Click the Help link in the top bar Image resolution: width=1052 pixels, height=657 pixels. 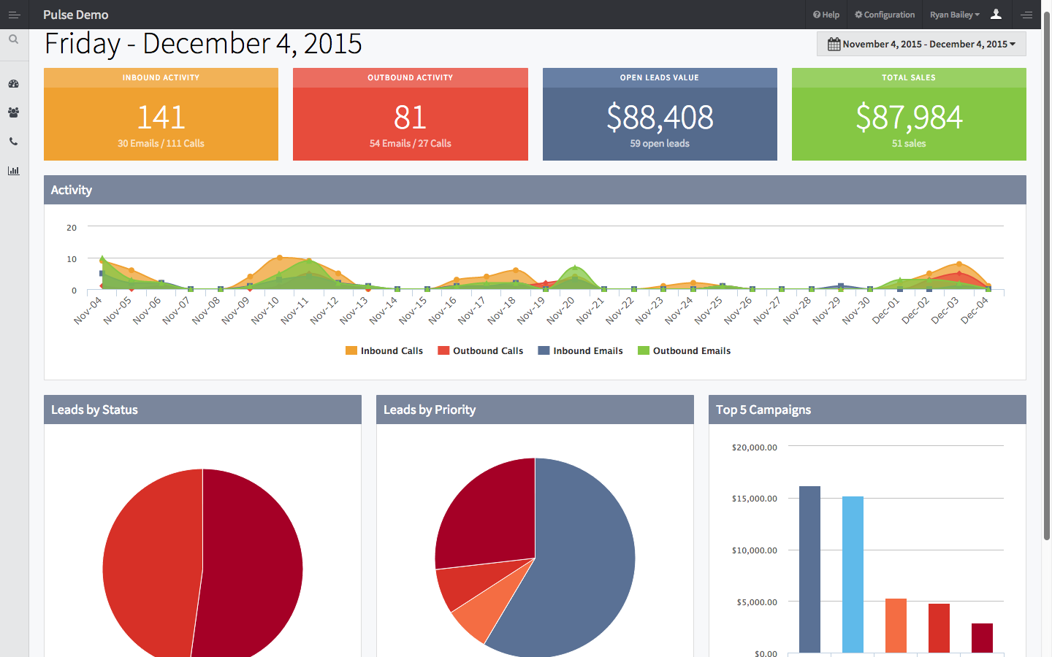point(826,15)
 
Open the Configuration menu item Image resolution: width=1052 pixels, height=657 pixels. point(885,15)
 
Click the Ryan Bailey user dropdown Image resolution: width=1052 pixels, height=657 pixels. point(954,15)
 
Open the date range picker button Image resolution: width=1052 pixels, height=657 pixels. point(921,44)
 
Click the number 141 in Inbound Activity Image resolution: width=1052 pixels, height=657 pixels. point(161,118)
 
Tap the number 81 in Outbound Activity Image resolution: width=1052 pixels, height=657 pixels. point(410,118)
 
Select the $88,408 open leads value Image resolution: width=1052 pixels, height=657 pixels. point(660,118)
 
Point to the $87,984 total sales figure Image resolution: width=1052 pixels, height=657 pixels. point(909,118)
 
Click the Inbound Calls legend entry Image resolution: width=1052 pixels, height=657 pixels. point(384,351)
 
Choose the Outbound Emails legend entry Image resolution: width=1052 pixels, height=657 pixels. point(685,351)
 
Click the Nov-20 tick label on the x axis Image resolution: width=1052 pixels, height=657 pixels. point(561,310)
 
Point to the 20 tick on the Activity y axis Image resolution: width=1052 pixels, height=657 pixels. point(72,228)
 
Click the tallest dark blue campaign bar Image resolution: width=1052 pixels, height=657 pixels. point(809,569)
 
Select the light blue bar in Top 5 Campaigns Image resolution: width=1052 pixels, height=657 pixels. point(853,575)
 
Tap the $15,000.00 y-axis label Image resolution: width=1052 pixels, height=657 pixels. point(754,499)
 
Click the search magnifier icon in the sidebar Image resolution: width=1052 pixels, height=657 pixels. point(13,39)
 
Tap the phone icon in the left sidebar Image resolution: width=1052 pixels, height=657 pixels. point(13,142)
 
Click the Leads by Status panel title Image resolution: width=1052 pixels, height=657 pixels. point(94,410)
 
